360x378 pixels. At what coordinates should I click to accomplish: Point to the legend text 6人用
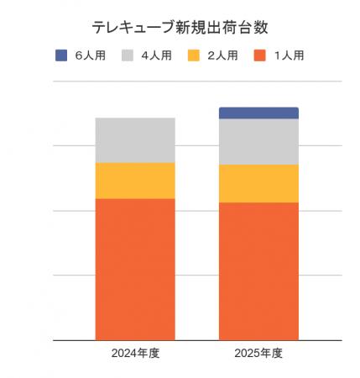89,55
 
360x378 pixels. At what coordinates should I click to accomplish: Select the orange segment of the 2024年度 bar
135,269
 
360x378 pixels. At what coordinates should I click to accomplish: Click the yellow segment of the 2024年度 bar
135,181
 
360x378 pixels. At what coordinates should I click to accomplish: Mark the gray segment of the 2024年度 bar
135,140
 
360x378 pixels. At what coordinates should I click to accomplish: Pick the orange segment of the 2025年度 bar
258,270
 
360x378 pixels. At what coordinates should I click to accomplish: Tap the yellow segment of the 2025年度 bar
258,183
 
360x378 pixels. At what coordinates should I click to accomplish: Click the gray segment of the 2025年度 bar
258,142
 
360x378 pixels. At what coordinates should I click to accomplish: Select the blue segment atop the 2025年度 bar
258,113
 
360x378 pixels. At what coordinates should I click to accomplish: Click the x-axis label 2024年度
135,354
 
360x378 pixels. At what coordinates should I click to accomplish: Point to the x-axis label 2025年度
258,354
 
